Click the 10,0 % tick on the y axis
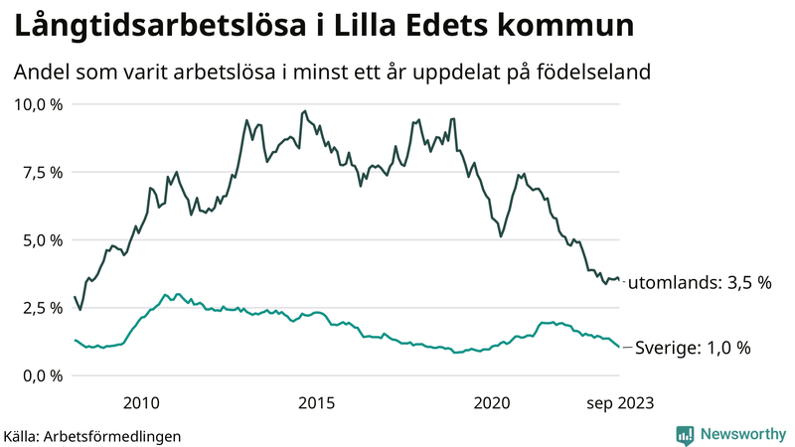[37, 104]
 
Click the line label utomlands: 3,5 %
[702, 283]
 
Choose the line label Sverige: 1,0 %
[692, 348]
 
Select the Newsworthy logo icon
[685, 434]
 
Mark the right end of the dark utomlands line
[620, 281]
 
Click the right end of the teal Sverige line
[620, 348]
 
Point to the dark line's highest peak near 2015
[304, 111]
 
